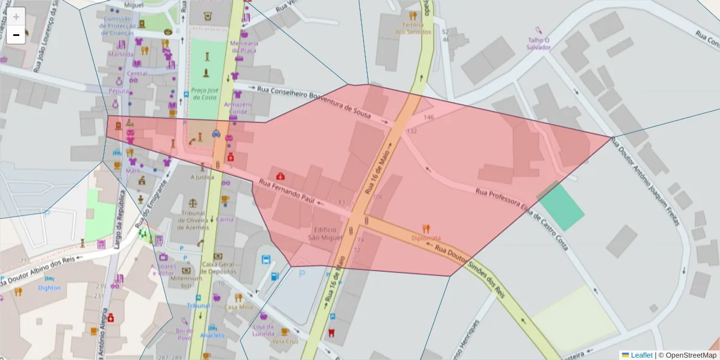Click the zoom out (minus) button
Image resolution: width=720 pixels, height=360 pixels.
coord(16,35)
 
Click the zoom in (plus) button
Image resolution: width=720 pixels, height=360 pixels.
coord(16,16)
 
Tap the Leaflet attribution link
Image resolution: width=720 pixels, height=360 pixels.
coord(641,355)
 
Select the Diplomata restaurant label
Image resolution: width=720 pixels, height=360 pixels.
coord(426,238)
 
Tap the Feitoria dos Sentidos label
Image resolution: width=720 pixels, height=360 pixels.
coord(413,28)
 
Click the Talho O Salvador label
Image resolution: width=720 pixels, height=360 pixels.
coord(539,43)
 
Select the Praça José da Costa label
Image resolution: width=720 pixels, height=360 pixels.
coord(204,93)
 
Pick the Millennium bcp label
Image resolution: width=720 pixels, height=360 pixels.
coord(186,281)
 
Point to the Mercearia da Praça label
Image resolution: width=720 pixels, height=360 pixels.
coord(244,47)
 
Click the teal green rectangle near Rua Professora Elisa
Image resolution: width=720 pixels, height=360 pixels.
coord(561,208)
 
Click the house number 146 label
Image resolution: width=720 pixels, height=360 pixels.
coord(428,117)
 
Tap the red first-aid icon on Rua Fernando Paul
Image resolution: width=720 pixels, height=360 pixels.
coord(280,176)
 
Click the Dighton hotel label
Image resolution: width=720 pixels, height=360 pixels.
coord(49,287)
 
